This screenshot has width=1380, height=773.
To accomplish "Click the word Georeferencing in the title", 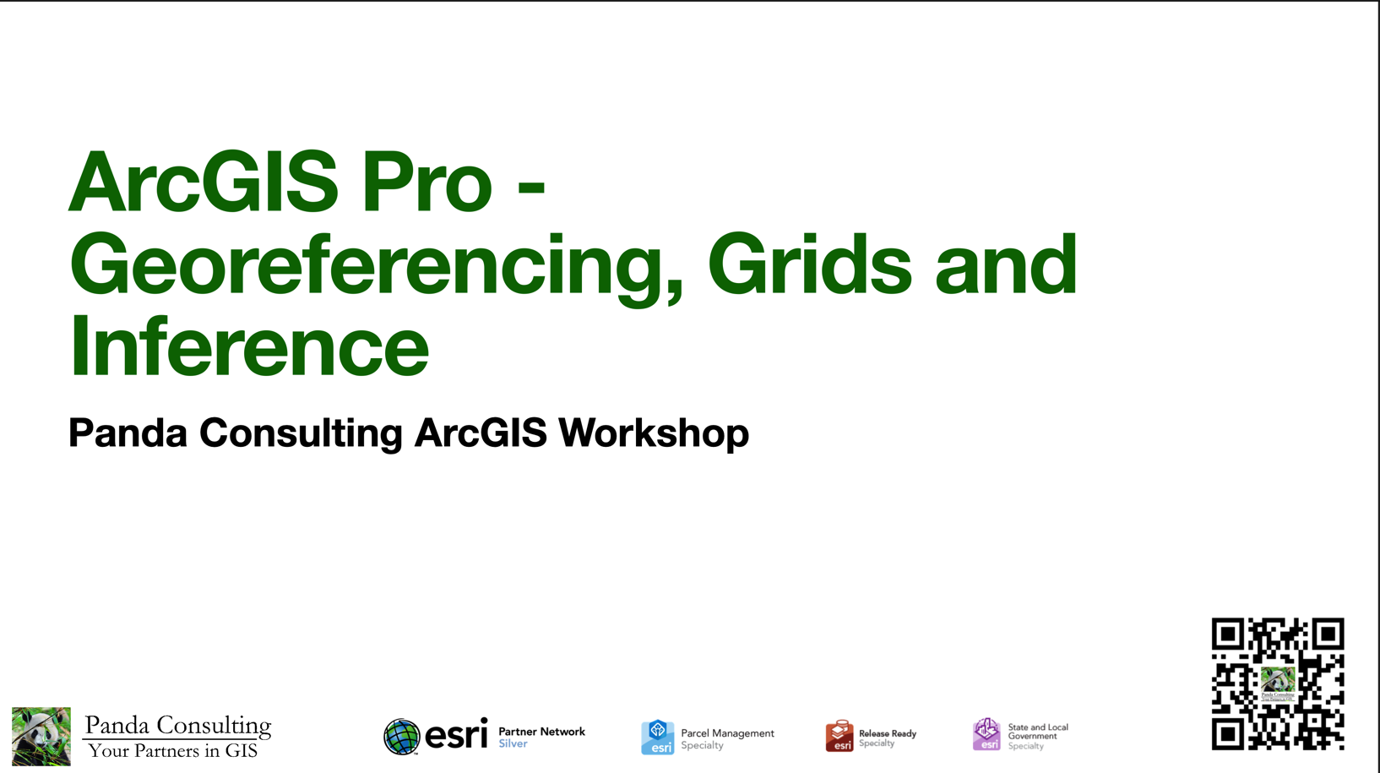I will [376, 266].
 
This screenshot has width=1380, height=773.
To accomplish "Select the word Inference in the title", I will [249, 346].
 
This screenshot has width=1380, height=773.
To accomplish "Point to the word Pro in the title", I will [426, 182].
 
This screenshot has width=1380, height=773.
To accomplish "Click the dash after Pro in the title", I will [530, 184].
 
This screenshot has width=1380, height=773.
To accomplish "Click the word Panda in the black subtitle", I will [128, 433].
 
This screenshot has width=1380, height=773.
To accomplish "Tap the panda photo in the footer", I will [41, 736].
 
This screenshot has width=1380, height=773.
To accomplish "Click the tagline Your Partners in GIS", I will [172, 751].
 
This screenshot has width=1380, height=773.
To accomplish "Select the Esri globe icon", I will [402, 737].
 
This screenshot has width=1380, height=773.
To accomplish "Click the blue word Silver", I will [513, 744].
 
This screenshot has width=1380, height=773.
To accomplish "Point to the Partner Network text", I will [541, 732].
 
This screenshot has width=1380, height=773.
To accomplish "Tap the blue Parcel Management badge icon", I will [657, 737].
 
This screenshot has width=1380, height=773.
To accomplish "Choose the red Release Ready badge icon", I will [839, 736].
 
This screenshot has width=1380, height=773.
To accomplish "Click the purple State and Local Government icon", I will [986, 734].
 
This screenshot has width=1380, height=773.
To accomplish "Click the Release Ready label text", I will [887, 733].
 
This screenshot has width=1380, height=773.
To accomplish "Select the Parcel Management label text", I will [727, 733].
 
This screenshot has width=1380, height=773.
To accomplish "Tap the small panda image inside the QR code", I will [1278, 681].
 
